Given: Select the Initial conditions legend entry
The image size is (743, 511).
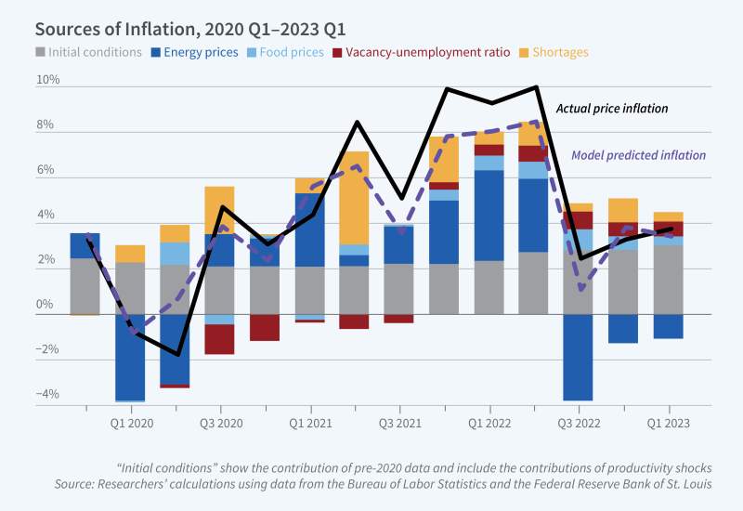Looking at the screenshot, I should [88, 52].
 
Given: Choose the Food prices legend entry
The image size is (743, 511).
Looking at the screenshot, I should [289, 52].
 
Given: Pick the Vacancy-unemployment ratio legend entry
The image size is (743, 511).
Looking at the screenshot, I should [422, 52].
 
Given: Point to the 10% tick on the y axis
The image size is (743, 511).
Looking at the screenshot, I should [48, 81].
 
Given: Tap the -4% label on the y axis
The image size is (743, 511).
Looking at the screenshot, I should [47, 395].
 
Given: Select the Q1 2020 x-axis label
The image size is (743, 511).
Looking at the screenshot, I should [131, 423].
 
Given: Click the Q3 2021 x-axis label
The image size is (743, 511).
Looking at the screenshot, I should [399, 423].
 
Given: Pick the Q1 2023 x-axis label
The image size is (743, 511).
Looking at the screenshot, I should [668, 423].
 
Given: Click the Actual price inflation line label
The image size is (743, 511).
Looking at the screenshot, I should [611, 109].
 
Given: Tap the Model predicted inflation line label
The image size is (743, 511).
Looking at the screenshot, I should [637, 155].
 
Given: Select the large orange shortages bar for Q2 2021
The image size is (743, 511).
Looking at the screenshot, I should [354, 197].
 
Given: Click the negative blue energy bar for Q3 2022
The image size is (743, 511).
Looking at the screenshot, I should [578, 357].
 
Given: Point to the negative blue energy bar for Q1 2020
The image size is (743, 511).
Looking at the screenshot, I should [130, 357].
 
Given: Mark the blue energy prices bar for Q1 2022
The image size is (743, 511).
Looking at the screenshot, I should [489, 216].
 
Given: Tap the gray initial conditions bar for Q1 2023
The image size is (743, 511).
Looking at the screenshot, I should [668, 279].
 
